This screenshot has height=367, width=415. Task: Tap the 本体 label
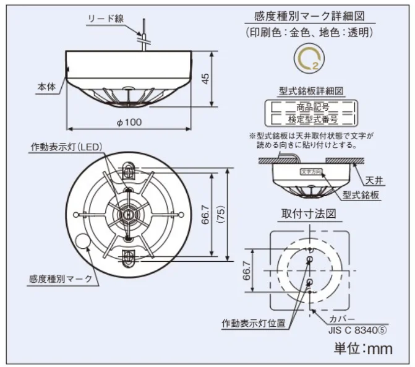[46, 87]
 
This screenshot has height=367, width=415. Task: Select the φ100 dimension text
[129, 123]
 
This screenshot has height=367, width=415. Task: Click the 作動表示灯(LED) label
[67, 147]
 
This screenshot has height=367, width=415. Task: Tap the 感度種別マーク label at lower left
[60, 278]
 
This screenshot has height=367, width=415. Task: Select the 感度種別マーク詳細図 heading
[307, 17]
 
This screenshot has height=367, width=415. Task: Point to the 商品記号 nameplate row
[312, 107]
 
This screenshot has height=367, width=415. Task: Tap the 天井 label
[374, 181]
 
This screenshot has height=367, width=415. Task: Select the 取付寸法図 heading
[308, 214]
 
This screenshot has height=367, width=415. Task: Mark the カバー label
[342, 319]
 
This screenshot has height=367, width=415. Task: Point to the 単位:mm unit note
[363, 348]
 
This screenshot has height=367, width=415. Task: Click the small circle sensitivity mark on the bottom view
[81, 241]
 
